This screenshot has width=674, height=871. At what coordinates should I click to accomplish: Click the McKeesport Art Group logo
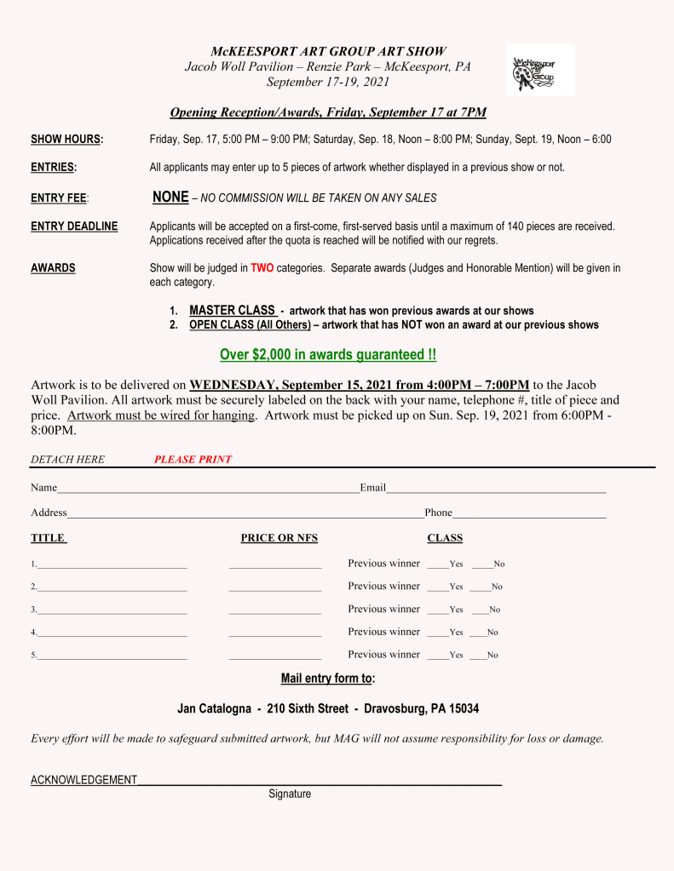[540, 71]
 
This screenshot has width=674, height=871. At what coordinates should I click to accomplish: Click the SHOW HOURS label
[66, 140]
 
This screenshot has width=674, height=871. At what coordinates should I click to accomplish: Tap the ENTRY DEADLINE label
[74, 226]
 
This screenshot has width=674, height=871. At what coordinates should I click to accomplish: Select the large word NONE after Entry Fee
[170, 197]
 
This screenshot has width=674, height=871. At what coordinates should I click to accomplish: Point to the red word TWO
[262, 268]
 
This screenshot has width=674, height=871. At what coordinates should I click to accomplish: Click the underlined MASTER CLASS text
[232, 311]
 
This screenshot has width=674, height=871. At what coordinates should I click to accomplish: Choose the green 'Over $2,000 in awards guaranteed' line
[328, 354]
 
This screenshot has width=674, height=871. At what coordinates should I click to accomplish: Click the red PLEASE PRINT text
[193, 460]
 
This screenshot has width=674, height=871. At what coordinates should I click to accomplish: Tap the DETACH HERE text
[67, 460]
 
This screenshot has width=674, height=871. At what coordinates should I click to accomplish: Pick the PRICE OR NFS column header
[279, 538]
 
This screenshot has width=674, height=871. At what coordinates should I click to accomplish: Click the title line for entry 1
[112, 565]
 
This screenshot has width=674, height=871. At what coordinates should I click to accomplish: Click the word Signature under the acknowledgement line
[290, 794]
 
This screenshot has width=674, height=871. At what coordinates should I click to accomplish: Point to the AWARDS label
[53, 268]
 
